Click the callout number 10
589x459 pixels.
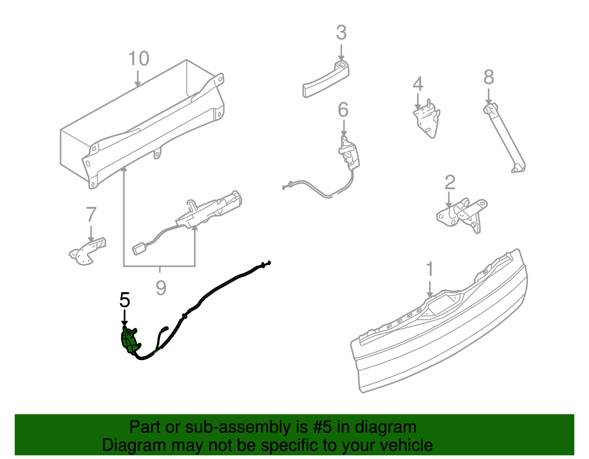138,59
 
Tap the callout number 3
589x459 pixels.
341,33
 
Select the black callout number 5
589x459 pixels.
125,300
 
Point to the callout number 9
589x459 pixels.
161,288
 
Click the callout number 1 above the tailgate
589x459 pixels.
430,269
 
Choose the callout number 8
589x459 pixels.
489,78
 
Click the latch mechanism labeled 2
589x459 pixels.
460,215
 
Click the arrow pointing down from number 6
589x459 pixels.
343,129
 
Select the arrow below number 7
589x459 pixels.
91,234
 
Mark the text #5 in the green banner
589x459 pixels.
323,427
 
